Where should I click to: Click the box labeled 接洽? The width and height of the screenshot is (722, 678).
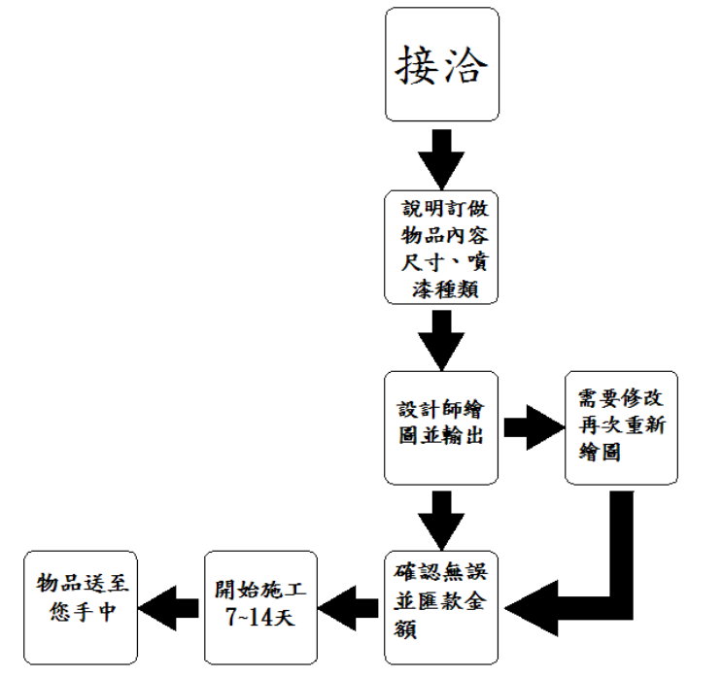point(441,64)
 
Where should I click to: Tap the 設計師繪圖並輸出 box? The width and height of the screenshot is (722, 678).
point(441,426)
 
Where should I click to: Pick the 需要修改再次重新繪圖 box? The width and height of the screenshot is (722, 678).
point(622,426)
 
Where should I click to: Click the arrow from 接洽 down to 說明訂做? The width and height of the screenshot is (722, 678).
point(441,155)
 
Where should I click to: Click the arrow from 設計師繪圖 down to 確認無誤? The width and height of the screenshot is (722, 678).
point(441,517)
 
